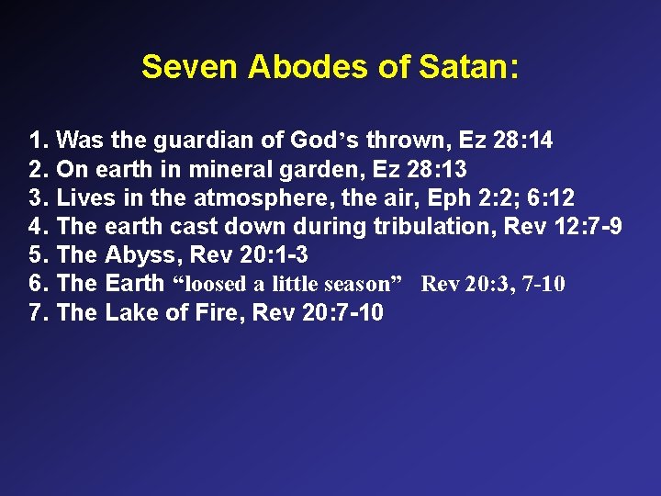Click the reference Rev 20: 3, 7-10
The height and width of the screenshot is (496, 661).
493,284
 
